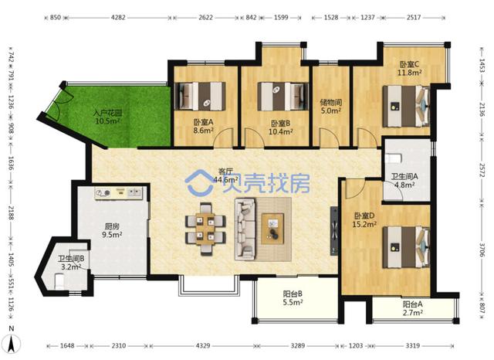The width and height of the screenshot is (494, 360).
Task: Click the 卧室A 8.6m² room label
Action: [x=203, y=126]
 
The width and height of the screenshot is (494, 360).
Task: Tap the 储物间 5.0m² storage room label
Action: [x=331, y=107]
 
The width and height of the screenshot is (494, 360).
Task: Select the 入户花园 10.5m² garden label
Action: [x=107, y=117]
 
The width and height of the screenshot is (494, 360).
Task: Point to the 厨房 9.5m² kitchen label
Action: [x=112, y=230]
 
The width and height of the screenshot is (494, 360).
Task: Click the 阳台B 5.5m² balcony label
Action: [x=293, y=298]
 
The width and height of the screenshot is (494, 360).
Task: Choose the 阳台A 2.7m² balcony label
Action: [x=413, y=308]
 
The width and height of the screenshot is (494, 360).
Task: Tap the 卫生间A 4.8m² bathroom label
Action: [x=404, y=180]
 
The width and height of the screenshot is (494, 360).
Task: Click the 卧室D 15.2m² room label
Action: [x=364, y=219]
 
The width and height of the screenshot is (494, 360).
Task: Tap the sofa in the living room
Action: [x=245, y=229]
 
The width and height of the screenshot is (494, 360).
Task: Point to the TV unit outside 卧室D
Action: [x=334, y=231]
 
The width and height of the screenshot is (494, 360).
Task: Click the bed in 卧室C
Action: [x=406, y=107]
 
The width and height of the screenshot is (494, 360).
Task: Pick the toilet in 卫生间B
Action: [x=60, y=281]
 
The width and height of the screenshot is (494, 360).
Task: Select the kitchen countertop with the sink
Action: [x=119, y=192]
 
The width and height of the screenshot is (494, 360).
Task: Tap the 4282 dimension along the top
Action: [x=118, y=18]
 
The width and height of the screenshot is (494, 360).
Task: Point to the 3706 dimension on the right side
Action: [x=482, y=250]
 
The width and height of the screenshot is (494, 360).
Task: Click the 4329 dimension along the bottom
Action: [x=203, y=346]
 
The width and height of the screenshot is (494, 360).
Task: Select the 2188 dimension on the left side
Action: [x=11, y=213]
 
